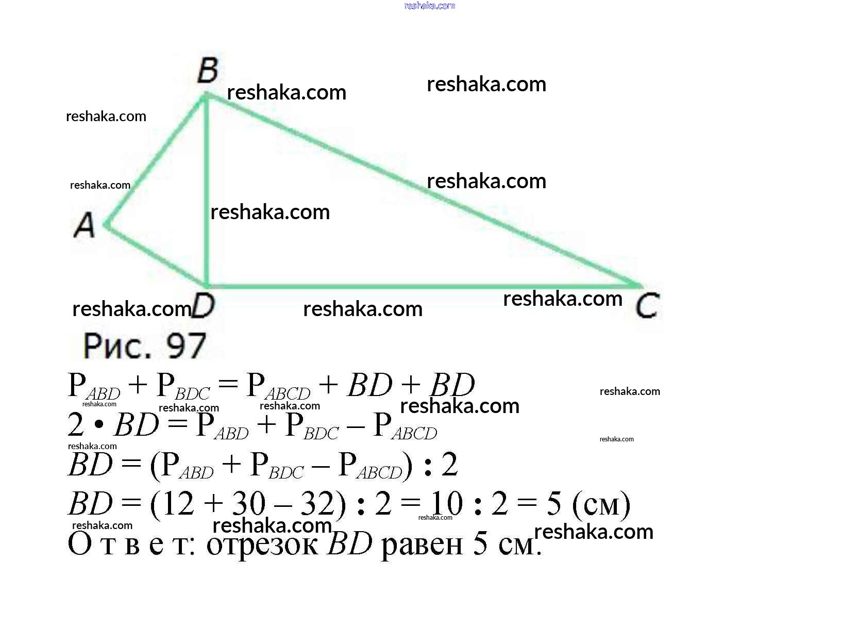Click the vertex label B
(208, 70)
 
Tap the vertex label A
(84, 225)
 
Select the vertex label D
(203, 306)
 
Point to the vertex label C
(647, 306)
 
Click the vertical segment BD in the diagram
(206, 190)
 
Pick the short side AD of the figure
(155, 256)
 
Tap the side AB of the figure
(155, 160)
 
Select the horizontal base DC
(423, 286)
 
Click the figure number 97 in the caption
(186, 346)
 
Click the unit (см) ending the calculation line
(601, 505)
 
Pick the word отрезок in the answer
(262, 545)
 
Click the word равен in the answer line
(422, 545)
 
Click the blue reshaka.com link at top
(429, 6)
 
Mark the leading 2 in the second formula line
(75, 425)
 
